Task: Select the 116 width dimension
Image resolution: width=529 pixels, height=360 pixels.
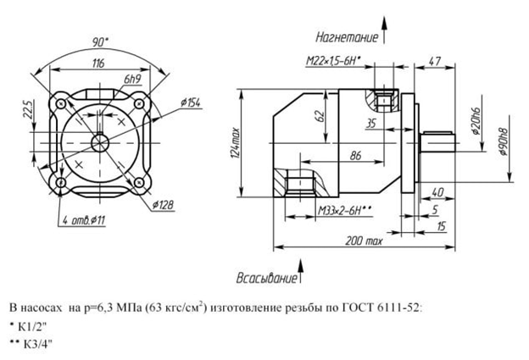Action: pos(98,64)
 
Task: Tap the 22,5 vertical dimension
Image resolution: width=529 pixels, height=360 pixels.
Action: pos(27,110)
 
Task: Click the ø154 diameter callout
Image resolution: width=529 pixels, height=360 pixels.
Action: pos(193,102)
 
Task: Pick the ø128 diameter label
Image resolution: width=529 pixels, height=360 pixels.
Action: pos(164,204)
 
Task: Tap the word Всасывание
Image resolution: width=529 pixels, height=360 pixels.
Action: pos(266,278)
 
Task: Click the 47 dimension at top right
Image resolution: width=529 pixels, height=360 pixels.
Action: pos(434,62)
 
